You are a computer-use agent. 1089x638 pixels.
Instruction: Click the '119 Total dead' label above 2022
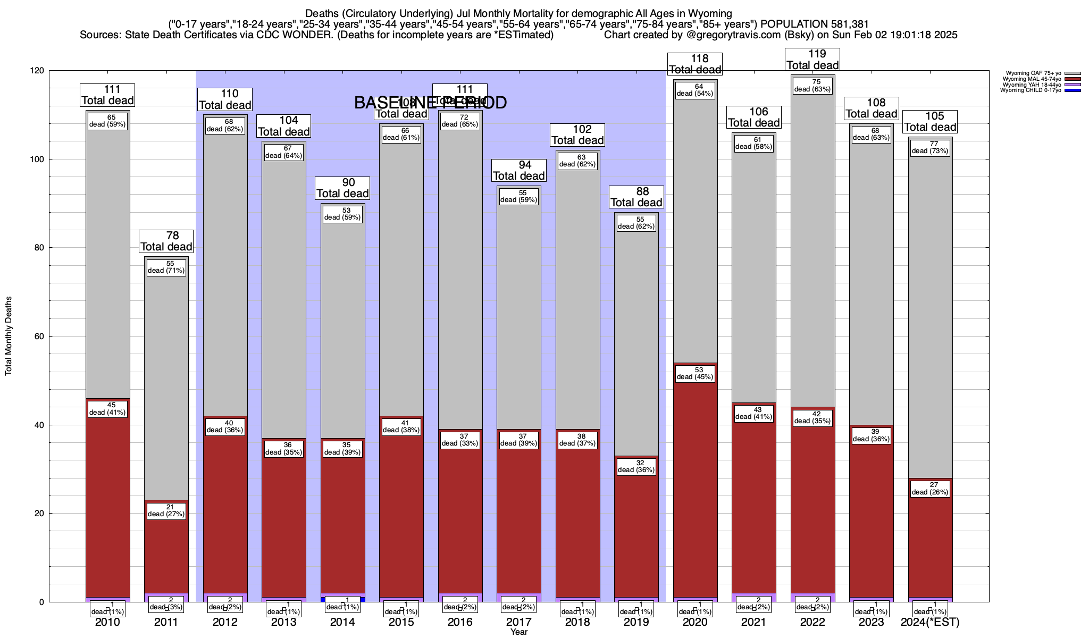coord(812,60)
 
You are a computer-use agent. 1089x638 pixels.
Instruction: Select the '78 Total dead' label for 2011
coord(166,241)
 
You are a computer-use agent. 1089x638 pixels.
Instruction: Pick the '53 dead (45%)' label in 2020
coord(695,373)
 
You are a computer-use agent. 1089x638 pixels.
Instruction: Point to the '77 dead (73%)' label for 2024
coord(930,147)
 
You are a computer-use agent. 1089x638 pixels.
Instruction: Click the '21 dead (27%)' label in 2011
coord(166,510)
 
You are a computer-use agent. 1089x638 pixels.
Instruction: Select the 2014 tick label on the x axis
coord(342,622)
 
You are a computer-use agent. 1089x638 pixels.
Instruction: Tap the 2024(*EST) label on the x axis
coord(930,622)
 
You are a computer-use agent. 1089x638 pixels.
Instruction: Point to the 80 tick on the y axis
coord(40,248)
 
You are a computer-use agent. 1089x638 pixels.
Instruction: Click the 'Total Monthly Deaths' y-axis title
coord(9,336)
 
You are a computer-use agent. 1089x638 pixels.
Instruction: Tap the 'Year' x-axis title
coord(518,632)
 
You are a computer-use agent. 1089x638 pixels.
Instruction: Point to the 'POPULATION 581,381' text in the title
coord(815,24)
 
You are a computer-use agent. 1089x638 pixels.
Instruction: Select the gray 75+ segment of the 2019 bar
coord(636,340)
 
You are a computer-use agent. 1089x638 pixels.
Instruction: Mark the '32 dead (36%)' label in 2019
coord(636,466)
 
